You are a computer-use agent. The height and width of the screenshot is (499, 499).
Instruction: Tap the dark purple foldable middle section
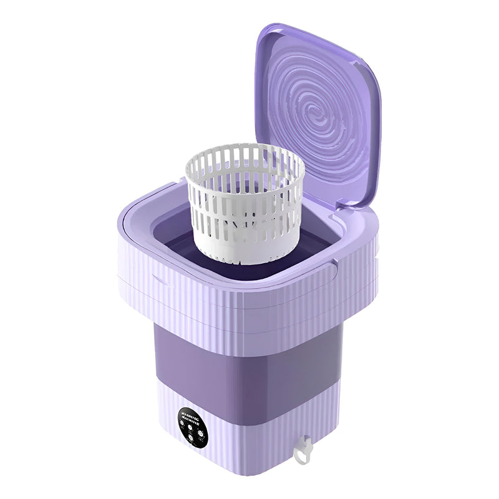249,368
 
